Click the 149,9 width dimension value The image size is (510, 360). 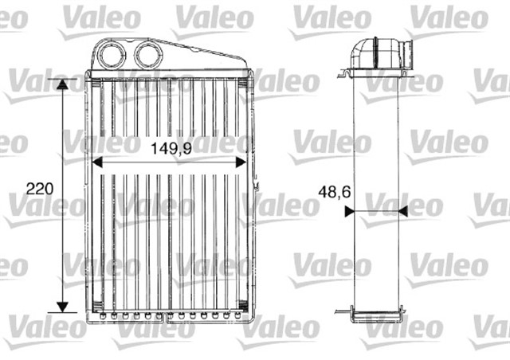coord(171,149)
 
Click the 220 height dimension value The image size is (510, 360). coord(40,189)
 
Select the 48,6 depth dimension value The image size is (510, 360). coord(335,192)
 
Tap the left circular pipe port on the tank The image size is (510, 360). coord(112,55)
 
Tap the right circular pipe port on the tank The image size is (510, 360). coord(148,55)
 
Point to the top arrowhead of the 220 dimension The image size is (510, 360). coord(62,84)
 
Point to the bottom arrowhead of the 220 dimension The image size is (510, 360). coord(62,307)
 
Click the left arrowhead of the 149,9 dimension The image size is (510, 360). coord(97,162)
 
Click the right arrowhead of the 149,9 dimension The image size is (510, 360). coord(241,162)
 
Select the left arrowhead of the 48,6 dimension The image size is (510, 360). coord(349,212)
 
